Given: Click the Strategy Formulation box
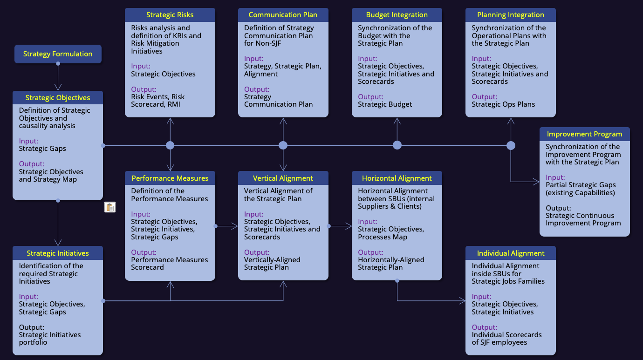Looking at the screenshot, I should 58,54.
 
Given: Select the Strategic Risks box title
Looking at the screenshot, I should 170,15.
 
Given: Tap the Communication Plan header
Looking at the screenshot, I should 283,15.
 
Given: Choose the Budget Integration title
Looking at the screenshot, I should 397,15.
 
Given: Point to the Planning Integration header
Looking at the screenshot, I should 511,15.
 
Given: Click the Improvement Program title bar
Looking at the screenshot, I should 584,134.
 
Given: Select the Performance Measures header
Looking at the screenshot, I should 170,178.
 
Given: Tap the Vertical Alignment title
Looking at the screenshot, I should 283,178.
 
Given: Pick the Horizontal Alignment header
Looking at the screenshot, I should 397,178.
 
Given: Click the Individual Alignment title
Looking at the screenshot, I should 511,253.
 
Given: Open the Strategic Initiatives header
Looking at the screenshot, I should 58,253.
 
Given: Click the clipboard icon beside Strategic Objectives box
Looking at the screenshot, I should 110,208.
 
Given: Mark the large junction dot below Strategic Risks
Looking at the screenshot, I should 170,145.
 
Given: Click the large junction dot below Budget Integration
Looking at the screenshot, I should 397,145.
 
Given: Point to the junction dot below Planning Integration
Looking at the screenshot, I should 511,145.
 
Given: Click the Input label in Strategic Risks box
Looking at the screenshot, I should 141,66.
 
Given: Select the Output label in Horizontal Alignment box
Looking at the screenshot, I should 370,252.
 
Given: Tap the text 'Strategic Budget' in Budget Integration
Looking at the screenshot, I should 385,104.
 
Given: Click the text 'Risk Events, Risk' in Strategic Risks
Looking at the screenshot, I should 157,97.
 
